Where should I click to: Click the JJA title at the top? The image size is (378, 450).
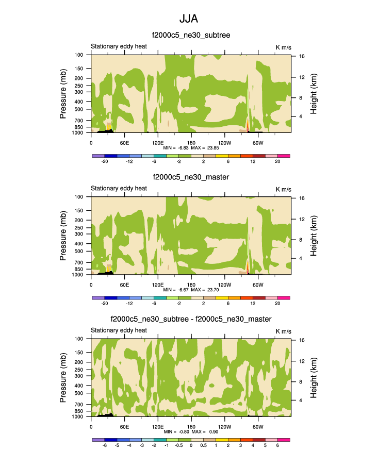click(189, 19)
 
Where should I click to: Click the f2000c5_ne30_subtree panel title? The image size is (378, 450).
click(191, 35)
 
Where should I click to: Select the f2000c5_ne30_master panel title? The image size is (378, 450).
click(191, 177)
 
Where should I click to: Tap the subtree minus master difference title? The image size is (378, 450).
click(191, 320)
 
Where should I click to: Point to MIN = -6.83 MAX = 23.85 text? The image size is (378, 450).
click(191, 147)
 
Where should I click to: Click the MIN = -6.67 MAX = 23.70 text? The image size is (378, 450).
click(191, 290)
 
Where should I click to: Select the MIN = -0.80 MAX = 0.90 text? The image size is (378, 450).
click(191, 431)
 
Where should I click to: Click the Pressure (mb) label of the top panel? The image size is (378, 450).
click(63, 93)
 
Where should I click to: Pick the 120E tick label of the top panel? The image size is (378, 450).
click(158, 142)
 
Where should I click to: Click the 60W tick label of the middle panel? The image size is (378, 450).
click(258, 285)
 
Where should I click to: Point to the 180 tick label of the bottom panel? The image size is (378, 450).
click(191, 426)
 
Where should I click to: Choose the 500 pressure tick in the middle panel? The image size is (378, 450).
click(79, 252)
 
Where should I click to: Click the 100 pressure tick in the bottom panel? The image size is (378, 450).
click(79, 339)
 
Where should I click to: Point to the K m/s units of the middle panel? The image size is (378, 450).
click(284, 188)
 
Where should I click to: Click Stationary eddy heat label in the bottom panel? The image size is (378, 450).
click(119, 330)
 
